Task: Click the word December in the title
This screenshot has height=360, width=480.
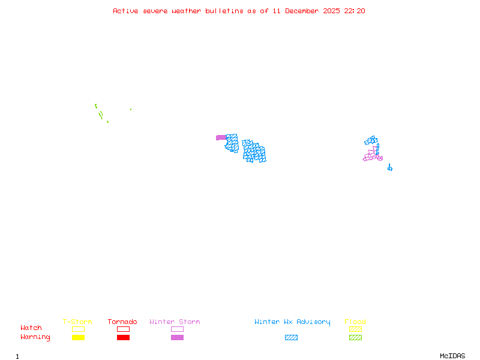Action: [x=305, y=11]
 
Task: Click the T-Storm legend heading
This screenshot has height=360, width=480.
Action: [x=77, y=322]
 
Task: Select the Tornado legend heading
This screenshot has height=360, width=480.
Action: [x=122, y=322]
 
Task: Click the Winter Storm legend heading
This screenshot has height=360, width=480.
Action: [x=175, y=322]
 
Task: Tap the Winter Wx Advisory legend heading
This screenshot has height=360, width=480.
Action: [x=292, y=322]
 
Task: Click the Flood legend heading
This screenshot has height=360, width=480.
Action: [x=355, y=322]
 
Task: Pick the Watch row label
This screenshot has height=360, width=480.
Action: [x=31, y=328]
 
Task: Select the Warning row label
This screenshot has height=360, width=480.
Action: [x=35, y=337]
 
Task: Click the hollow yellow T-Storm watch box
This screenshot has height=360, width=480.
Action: [x=78, y=329]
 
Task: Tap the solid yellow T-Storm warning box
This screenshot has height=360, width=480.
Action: [x=78, y=338]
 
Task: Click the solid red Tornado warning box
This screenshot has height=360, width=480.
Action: [x=123, y=338]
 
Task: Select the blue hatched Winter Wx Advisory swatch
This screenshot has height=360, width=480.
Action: [x=291, y=338]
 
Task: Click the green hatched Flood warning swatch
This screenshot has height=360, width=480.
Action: [x=355, y=338]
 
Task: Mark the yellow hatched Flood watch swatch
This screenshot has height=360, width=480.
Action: [x=355, y=329]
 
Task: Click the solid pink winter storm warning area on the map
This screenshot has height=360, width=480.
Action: [x=221, y=137]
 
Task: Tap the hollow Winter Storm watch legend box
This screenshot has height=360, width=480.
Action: [x=177, y=329]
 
